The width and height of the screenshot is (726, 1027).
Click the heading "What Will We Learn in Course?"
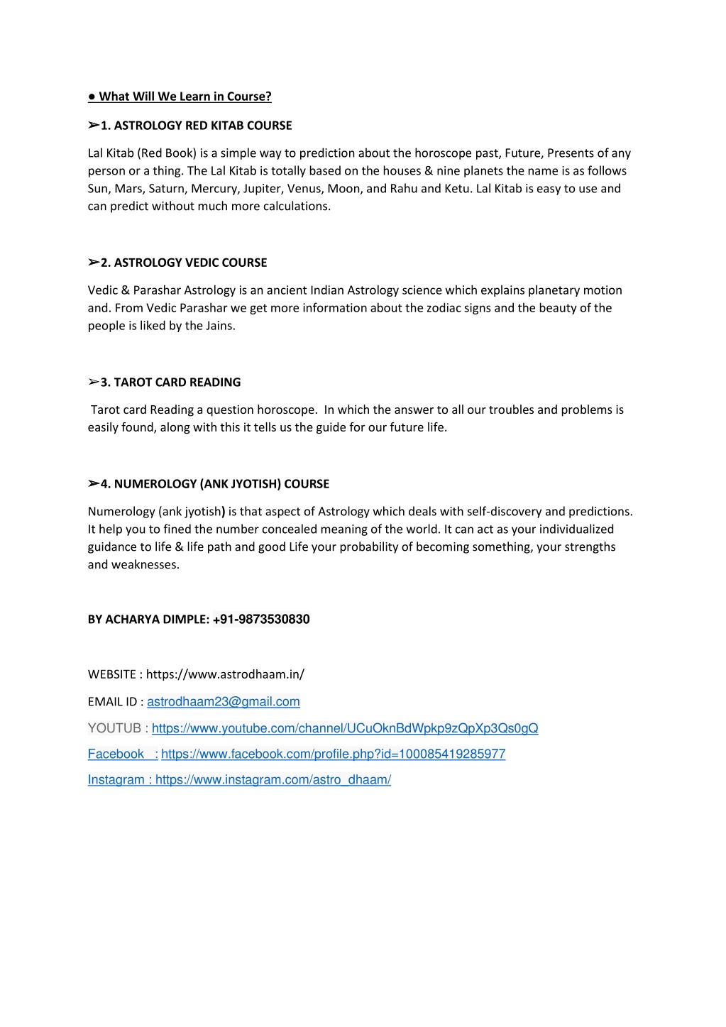185,97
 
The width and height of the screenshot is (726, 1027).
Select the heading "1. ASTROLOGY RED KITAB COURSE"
196,126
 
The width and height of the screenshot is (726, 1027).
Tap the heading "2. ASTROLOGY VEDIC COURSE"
183,263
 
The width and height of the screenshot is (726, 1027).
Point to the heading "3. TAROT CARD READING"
170,383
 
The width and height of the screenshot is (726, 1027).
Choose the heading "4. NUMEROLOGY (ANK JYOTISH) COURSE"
214,484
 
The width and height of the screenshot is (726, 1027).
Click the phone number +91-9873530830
261,620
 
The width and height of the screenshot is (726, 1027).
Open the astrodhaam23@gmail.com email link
224,702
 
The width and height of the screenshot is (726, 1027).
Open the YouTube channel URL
345,728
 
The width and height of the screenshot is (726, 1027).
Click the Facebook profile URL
333,754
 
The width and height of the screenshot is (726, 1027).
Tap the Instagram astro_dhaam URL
273,779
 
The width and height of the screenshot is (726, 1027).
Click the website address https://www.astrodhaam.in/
225,674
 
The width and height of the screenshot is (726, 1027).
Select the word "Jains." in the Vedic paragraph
220,326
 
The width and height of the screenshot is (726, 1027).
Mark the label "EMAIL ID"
112,702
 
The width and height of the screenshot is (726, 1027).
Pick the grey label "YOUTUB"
114,728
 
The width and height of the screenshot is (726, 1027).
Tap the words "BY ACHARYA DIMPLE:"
148,620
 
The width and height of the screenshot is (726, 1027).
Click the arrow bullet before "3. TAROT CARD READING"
93,383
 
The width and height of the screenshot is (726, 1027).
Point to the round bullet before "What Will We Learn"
92,97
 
